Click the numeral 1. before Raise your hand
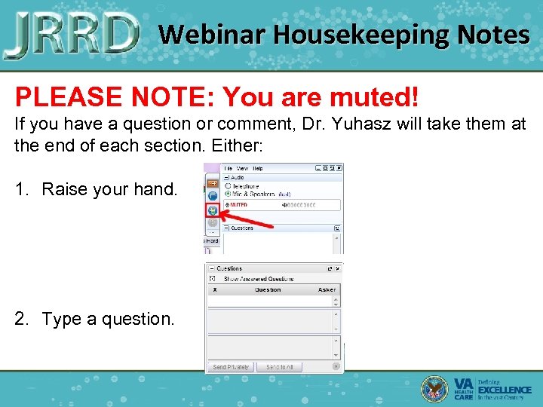tap(21, 189)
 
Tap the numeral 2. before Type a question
tap(21, 319)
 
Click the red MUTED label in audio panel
tap(238, 204)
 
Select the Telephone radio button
tap(229, 186)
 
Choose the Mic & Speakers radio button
tap(229, 194)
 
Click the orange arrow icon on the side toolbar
tap(212, 182)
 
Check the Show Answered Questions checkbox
tap(212, 279)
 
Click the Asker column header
tap(327, 289)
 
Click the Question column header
tap(268, 289)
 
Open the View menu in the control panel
tap(242, 168)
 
